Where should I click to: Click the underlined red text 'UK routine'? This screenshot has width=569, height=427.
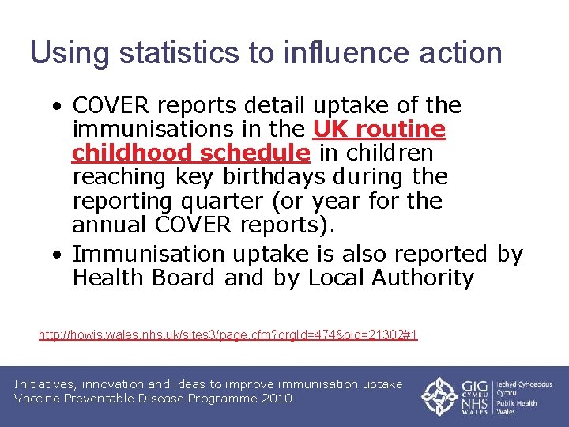379,129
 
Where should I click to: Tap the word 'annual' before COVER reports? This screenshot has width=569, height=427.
110,224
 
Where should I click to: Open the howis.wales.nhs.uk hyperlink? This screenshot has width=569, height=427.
228,335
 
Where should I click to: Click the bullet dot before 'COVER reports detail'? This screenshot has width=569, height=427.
59,106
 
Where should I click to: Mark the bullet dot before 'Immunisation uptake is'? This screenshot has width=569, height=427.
59,255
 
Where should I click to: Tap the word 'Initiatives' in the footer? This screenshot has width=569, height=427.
48,384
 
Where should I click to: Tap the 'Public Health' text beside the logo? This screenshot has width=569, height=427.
517,403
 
